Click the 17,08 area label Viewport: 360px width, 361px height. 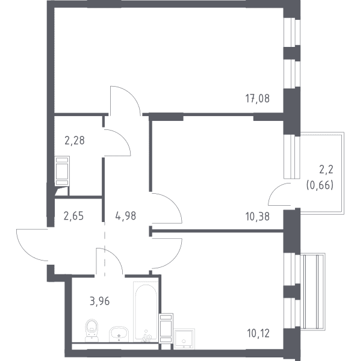(x=257, y=99)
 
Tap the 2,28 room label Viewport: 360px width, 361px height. (x=75, y=140)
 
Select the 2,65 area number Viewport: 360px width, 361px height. (x=73, y=216)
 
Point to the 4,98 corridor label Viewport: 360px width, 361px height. (x=126, y=216)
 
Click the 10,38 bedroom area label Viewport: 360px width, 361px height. (x=257, y=217)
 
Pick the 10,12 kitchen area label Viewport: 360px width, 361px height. (x=258, y=333)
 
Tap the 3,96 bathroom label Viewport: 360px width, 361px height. (x=99, y=301)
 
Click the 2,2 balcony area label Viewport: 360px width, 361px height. (x=326, y=170)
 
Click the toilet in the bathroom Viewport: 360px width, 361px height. (x=92, y=330)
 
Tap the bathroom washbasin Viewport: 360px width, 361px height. (x=119, y=334)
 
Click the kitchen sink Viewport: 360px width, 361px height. (x=184, y=339)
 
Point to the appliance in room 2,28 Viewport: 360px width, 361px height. (x=62, y=171)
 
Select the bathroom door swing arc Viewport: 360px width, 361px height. (x=115, y=256)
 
